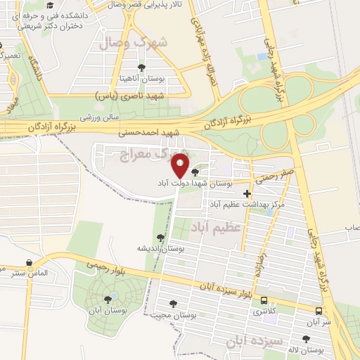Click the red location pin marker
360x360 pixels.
pyautogui.click(x=181, y=167)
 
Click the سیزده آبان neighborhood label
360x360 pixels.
pyautogui.click(x=255, y=341)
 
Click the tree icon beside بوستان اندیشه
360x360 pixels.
pyautogui.click(x=161, y=238)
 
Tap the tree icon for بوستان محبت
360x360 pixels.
pyautogui.click(x=173, y=304)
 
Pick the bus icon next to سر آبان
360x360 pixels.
pyautogui.click(x=320, y=310)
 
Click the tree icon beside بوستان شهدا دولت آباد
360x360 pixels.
pyautogui.click(x=195, y=172)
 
